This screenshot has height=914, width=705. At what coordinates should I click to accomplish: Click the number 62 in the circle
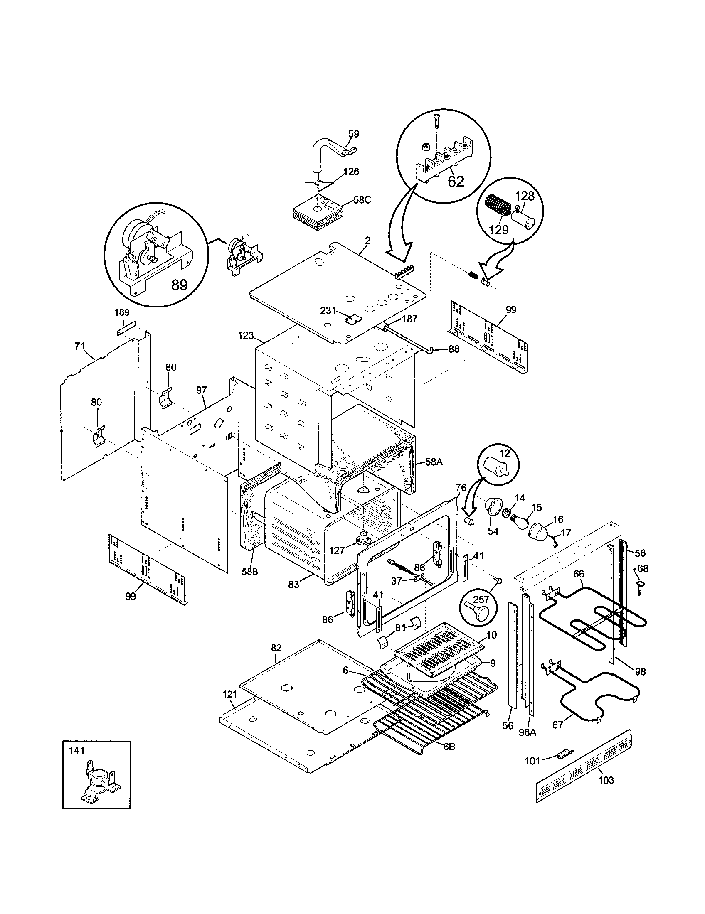click(x=456, y=181)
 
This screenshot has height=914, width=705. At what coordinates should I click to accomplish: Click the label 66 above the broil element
click(x=578, y=574)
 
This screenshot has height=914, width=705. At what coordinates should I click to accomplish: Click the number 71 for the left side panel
click(x=79, y=346)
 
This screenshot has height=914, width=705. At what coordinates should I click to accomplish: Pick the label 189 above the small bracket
click(x=122, y=312)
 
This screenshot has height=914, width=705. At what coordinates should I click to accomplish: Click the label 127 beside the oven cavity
click(x=337, y=550)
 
